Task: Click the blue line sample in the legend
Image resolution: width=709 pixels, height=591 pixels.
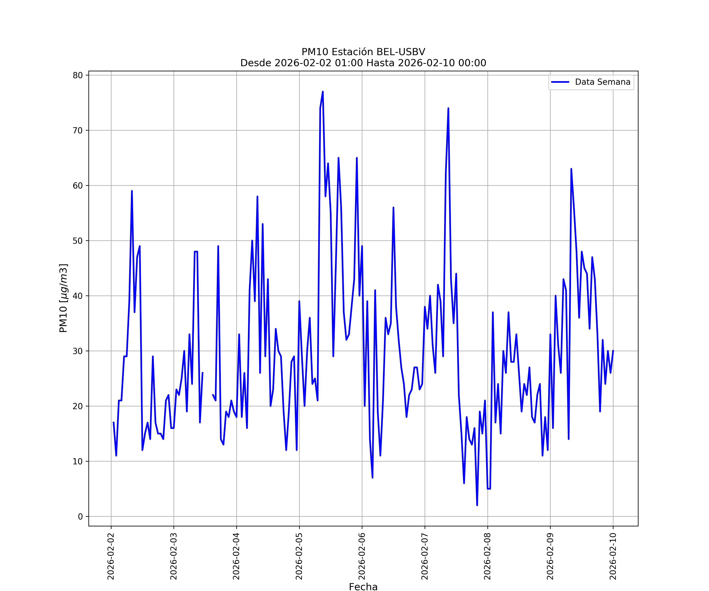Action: point(560,82)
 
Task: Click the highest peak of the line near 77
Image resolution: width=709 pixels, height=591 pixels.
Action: point(323,92)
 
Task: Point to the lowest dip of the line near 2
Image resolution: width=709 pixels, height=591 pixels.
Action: point(477,505)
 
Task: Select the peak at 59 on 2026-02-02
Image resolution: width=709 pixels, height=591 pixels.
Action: point(132,191)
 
